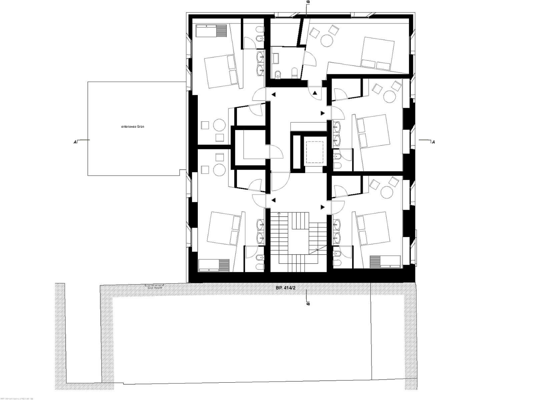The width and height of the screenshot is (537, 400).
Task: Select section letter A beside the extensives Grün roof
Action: coord(75,142)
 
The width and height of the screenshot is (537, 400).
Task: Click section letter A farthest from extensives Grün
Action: coord(433,142)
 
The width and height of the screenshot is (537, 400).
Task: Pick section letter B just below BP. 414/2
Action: coord(309,304)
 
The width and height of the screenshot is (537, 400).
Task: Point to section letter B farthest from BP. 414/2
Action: coord(309,2)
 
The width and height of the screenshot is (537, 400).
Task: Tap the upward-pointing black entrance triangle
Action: coord(316,93)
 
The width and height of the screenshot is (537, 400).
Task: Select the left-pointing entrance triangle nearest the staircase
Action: coord(274,200)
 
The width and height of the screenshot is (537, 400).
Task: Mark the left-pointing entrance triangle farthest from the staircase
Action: coord(274,95)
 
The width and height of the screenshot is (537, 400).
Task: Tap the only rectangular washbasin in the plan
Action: coord(277,59)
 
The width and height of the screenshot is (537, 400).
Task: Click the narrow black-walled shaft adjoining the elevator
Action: coord(296,152)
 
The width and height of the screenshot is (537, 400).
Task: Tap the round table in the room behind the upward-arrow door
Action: coord(327,42)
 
